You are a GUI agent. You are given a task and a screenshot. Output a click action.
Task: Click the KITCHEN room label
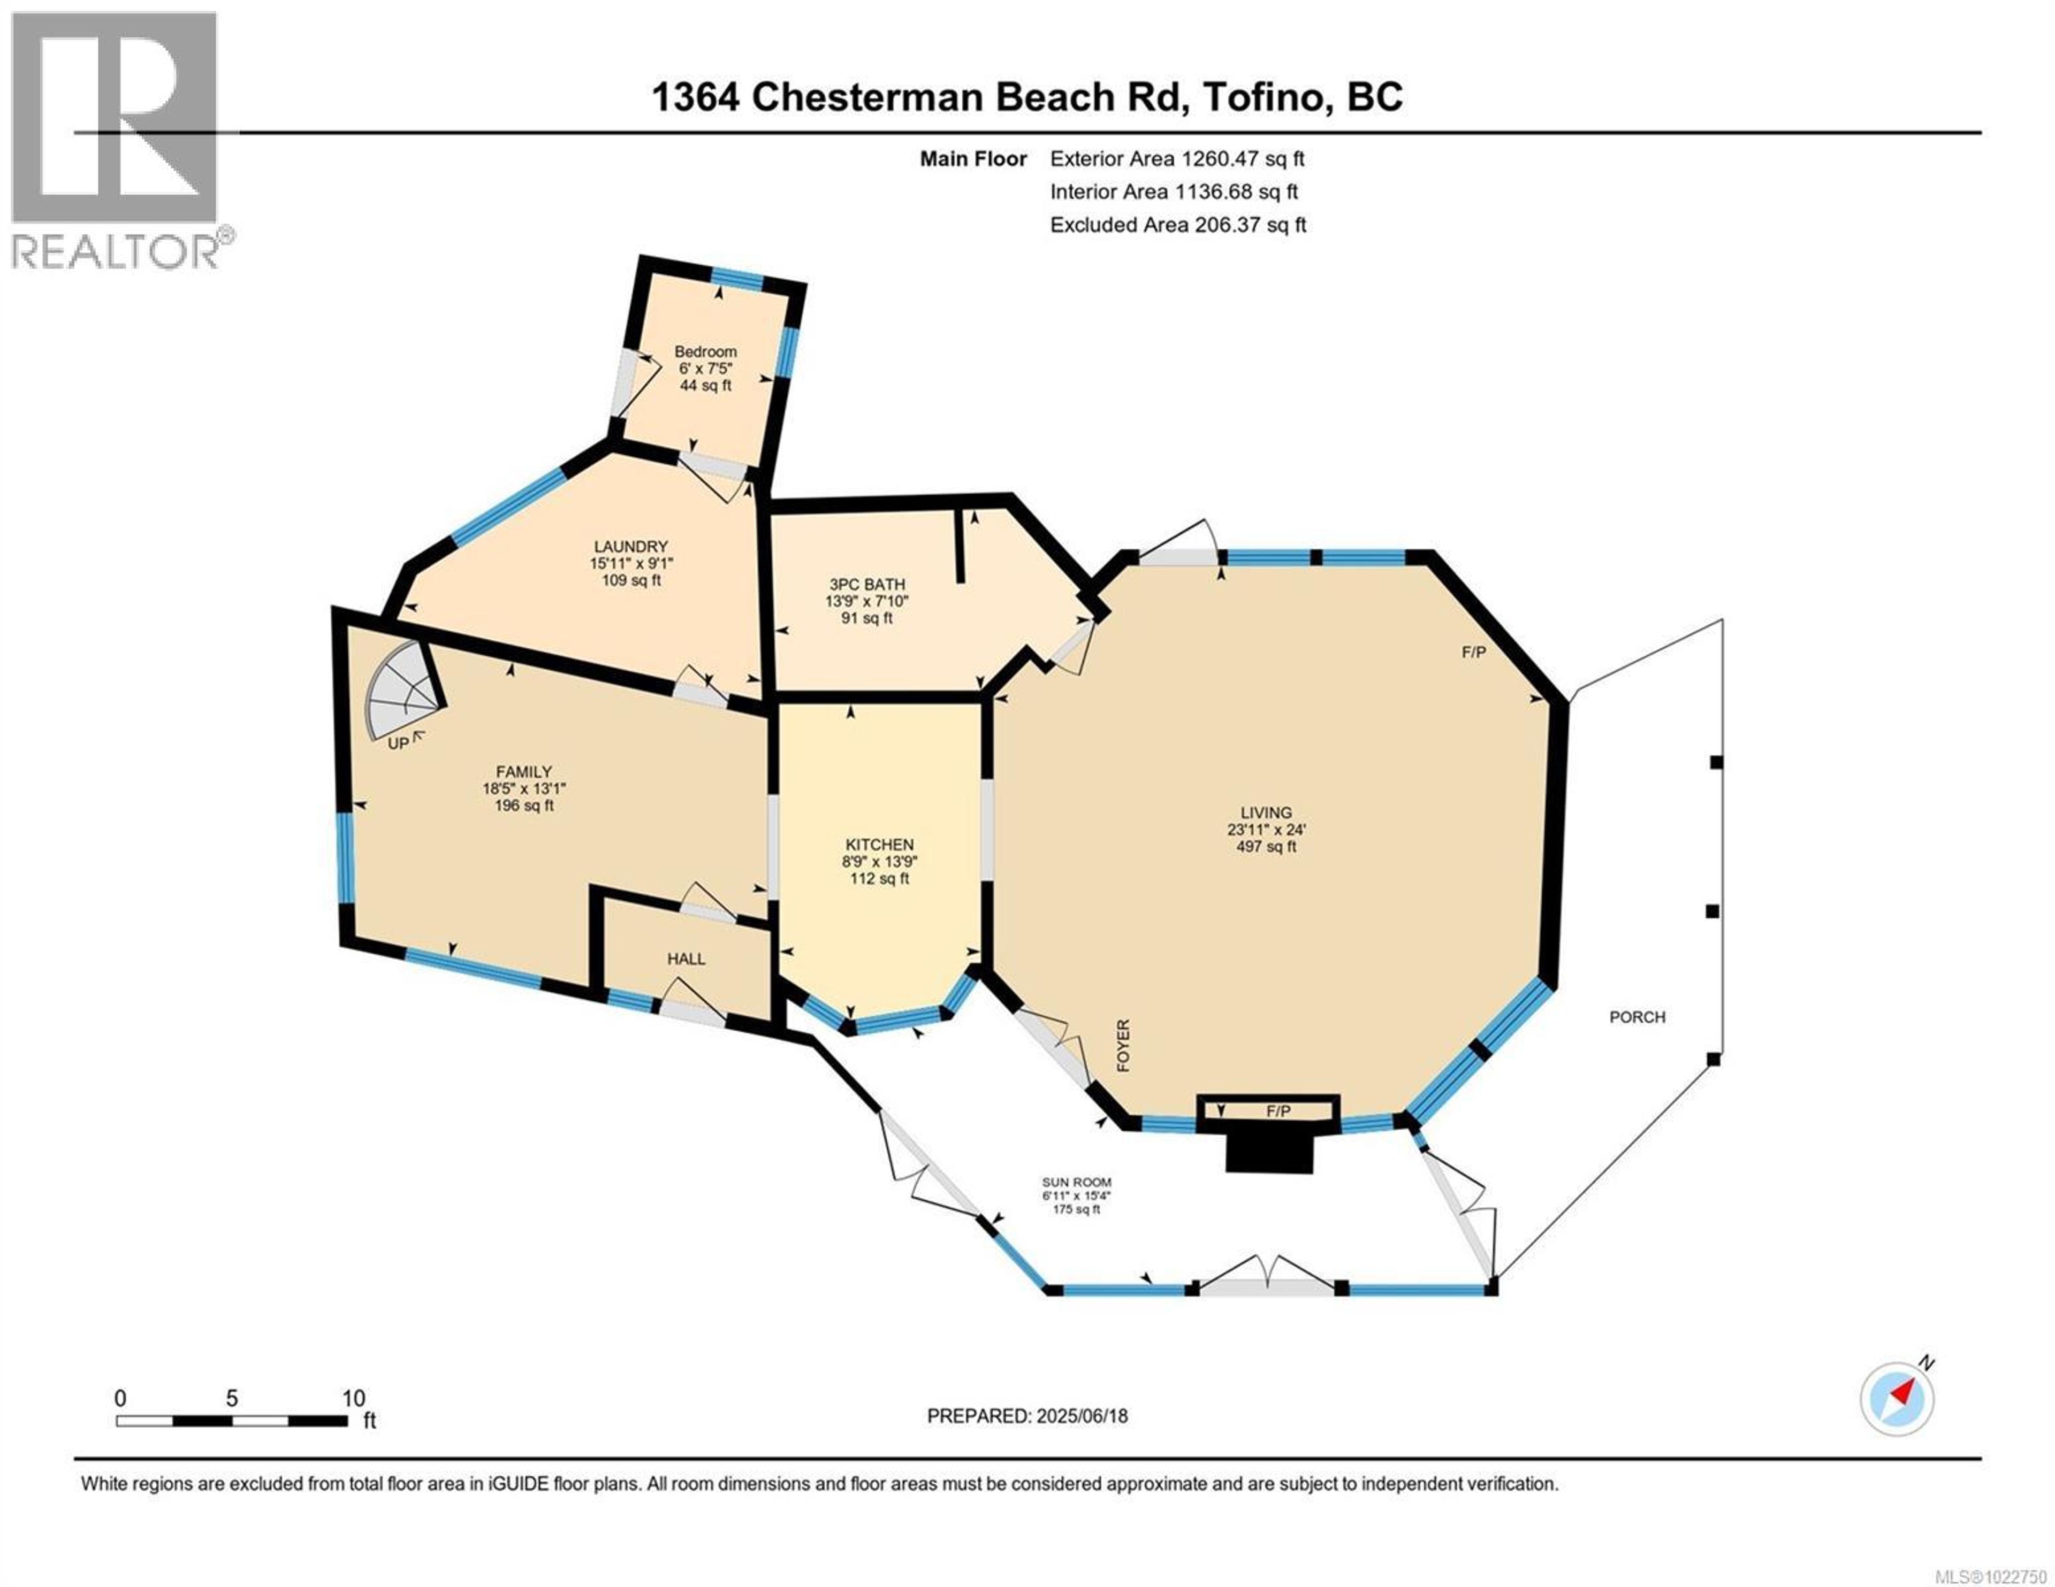point(879,844)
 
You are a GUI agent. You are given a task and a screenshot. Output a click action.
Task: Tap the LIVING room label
point(1266,812)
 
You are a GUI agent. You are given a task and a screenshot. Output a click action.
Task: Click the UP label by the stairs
point(399,743)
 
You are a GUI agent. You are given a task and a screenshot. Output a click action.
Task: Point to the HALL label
point(686,959)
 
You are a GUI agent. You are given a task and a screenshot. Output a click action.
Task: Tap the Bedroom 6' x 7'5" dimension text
point(705,369)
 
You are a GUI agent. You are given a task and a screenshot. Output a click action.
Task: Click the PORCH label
point(1637,1017)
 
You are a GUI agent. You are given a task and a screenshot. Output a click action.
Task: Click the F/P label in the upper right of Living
point(1473,652)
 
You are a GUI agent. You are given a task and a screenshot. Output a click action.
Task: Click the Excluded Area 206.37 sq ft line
point(1178,225)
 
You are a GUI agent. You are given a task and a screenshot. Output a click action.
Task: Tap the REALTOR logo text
point(115,252)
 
